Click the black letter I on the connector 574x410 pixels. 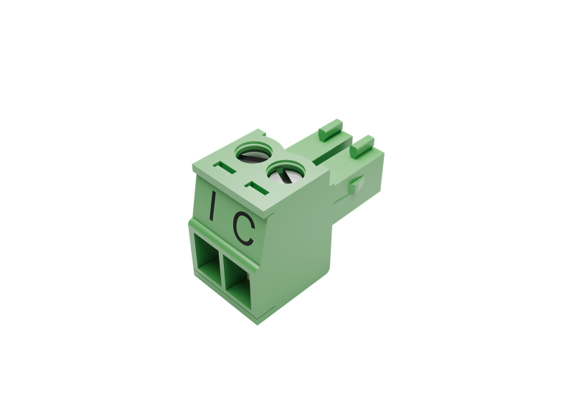(x=212, y=205)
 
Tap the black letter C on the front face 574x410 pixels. (x=244, y=228)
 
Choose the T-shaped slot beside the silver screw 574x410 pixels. (x=257, y=188)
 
